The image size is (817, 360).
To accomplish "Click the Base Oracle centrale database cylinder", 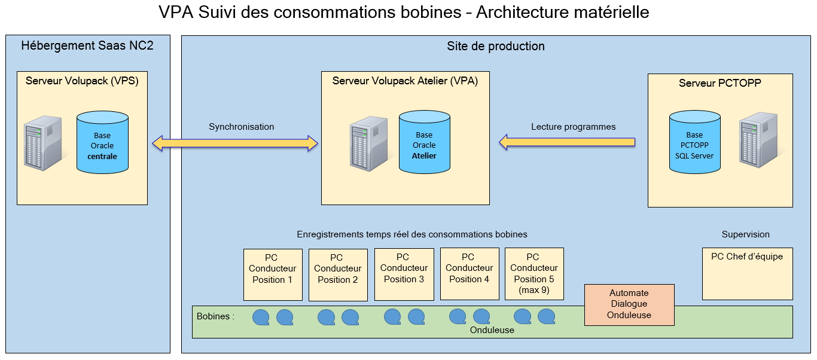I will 102,144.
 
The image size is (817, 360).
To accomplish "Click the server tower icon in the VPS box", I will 42,144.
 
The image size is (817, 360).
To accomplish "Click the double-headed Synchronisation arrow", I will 235,143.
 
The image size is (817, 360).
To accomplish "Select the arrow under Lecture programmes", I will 567,142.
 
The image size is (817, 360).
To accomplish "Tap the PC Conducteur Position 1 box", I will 273,274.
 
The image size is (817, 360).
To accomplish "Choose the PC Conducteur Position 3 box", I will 404,274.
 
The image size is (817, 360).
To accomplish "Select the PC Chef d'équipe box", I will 747,273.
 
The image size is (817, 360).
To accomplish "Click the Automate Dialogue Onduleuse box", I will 629,304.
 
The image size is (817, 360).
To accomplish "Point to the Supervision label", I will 745,234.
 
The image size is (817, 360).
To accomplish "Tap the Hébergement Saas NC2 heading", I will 87,46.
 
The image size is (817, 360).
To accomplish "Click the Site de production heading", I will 496,46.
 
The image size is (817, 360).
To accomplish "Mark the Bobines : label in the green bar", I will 215,316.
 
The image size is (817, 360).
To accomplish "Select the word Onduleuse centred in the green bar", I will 492,330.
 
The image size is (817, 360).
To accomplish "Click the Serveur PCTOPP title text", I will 720,83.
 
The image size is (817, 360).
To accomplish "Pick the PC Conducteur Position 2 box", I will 338,274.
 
